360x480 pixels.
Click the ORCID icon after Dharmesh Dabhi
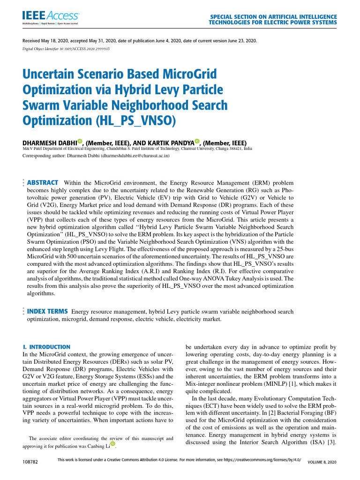80,141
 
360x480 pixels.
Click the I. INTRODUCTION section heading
47,346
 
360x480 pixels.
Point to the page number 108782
30,462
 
